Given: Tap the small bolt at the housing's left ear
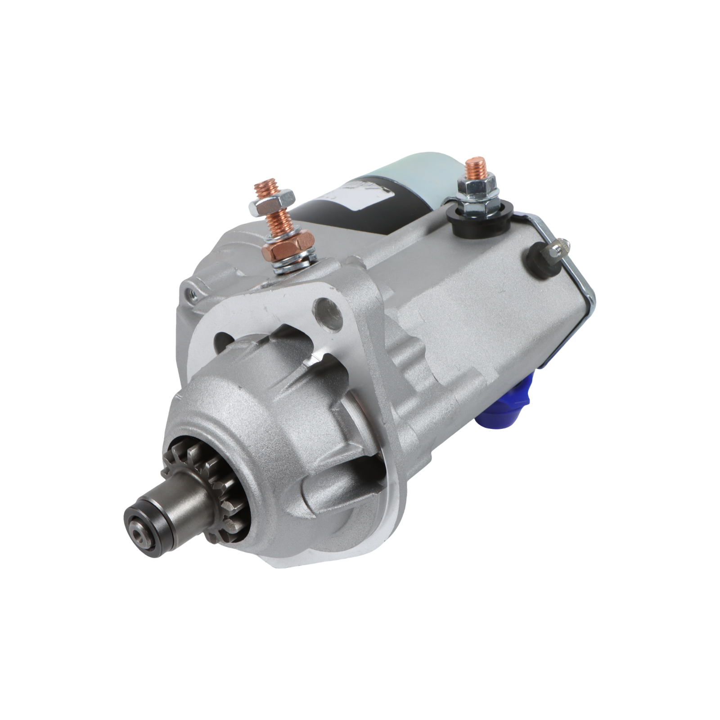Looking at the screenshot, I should click(x=189, y=292).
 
